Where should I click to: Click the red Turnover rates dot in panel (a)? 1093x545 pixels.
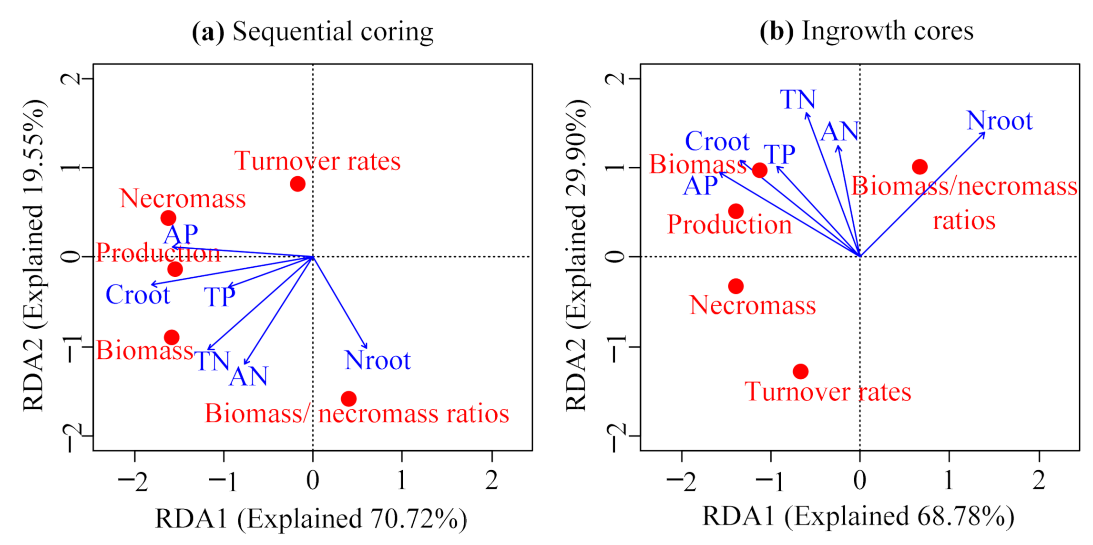297,184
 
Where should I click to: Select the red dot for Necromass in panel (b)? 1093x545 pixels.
736,286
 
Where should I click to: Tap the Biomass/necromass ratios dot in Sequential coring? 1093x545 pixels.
348,399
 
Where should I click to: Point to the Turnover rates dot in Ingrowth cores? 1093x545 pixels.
801,372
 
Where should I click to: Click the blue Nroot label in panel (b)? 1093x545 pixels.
1000,121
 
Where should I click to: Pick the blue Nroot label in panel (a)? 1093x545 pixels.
378,361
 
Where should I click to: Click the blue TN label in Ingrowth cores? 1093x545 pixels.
798,100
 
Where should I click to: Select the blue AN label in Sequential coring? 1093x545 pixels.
248,377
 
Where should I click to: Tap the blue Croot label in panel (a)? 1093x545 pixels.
138,295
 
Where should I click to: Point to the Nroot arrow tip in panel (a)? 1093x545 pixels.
367,348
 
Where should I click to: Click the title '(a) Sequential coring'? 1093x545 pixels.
313,32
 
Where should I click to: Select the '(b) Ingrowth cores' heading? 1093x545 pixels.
866,31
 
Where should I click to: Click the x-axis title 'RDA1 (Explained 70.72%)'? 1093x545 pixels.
311,519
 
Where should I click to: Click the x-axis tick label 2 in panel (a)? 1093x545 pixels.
491,480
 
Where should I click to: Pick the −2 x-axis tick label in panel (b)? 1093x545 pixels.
681,481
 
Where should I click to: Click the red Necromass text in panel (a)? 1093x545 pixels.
183,199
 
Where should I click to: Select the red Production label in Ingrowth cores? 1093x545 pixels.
729,225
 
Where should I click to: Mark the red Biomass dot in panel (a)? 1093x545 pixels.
172,338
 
